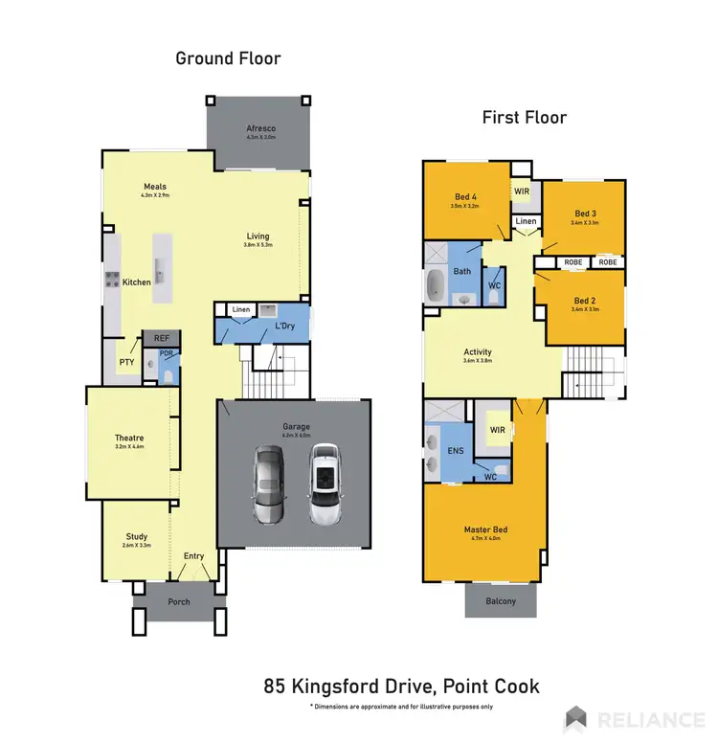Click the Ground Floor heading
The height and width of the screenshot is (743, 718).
228,58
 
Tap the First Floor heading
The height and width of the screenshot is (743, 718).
525,118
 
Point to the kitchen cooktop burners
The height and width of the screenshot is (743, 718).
111,281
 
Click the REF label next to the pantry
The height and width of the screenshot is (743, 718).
161,338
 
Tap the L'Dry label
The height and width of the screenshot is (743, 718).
284,327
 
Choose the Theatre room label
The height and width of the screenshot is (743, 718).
128,438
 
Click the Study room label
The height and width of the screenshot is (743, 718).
137,536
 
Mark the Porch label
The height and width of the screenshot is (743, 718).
178,602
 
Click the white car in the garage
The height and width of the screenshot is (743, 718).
325,485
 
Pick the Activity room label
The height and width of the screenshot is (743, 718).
477,351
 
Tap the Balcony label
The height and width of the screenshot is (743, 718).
500,601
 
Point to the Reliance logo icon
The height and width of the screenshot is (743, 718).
575,718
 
